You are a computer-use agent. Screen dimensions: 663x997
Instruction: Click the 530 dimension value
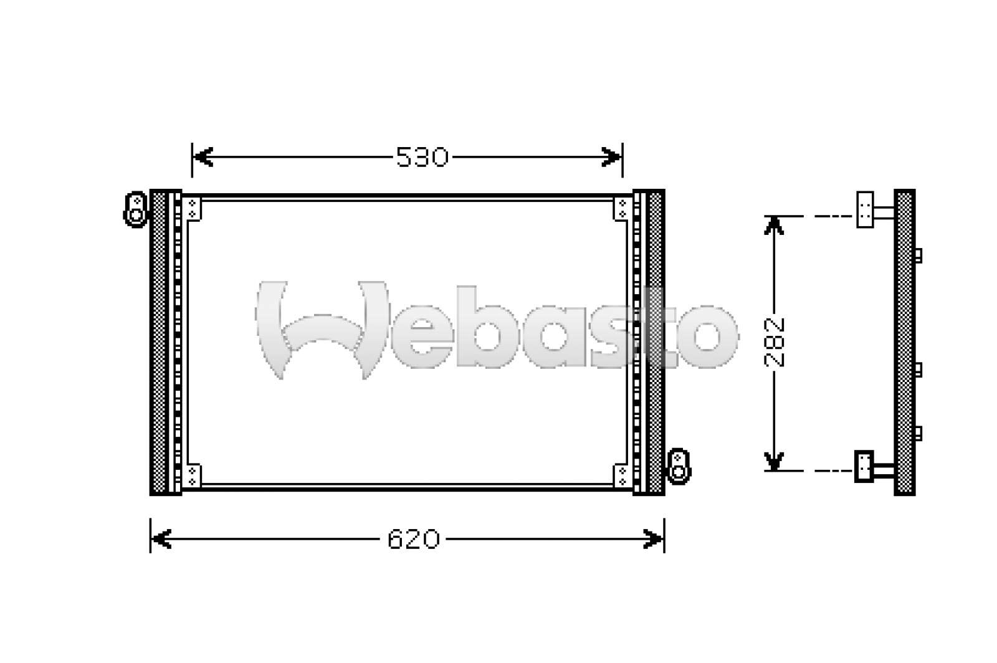click(x=422, y=158)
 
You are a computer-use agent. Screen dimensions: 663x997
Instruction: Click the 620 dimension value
click(x=413, y=539)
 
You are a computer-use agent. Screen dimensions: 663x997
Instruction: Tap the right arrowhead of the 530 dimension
click(x=613, y=158)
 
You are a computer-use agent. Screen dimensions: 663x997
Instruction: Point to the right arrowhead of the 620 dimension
click(x=654, y=539)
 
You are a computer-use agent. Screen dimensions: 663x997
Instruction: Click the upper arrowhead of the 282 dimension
click(x=774, y=226)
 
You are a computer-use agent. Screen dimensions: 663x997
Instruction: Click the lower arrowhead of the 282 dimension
click(x=774, y=461)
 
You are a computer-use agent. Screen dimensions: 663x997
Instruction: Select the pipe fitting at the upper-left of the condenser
click(x=135, y=209)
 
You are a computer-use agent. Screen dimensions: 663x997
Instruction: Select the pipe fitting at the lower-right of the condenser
click(x=679, y=465)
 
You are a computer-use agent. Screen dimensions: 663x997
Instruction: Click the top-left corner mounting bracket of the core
click(x=192, y=208)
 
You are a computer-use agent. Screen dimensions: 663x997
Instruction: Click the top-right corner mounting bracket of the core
click(x=623, y=208)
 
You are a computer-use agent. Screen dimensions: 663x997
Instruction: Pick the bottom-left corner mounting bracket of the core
click(x=192, y=475)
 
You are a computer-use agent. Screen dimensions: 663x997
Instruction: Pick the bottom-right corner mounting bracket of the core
click(x=623, y=475)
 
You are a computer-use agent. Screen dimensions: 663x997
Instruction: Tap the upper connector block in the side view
click(x=864, y=209)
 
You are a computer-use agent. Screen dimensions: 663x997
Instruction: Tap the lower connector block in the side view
click(x=864, y=465)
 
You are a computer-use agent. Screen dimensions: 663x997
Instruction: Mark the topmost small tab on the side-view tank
click(x=918, y=255)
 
